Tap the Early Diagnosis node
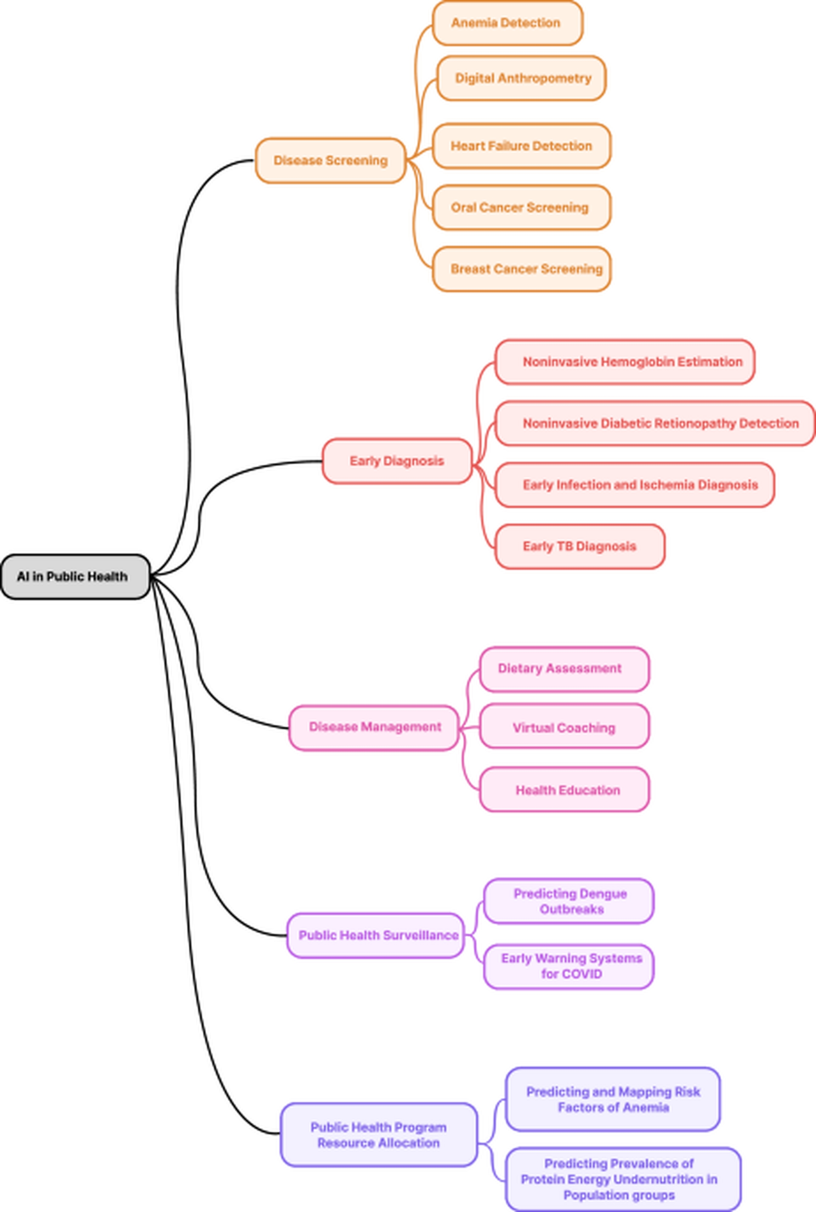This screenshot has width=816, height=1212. pos(397,461)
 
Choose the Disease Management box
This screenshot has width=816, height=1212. pos(374,727)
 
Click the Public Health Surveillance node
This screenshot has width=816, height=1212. pos(376,935)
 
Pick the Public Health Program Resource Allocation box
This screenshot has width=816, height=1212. pos(379,1135)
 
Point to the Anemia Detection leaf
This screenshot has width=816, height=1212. pos(507,23)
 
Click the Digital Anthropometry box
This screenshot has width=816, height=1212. pos(521,78)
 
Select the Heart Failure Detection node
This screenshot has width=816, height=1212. pos(521,146)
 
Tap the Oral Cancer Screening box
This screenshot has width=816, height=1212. pos(521,207)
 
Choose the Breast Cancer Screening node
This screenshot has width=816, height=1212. pos(521,269)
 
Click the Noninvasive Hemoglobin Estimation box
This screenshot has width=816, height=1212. pos(625,362)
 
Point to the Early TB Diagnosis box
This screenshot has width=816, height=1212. pos(580,546)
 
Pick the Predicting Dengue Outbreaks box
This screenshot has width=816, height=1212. pos(569,901)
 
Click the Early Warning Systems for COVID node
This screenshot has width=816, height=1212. pos(569,966)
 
